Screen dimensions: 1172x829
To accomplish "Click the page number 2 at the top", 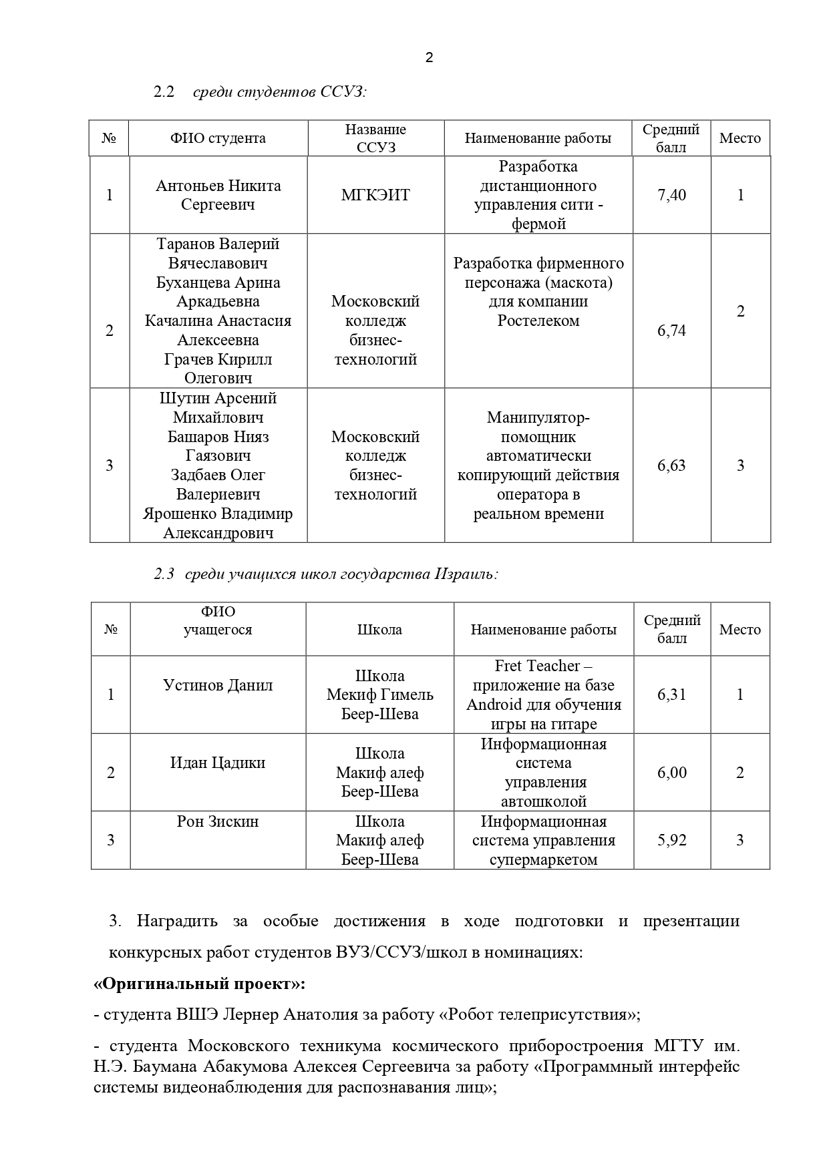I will point(429,57).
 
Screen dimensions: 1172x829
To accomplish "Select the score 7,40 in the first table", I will point(671,195).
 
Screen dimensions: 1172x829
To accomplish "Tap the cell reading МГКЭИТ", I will point(375,195).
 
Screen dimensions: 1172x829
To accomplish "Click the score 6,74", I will point(671,331).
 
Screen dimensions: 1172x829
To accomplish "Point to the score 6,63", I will point(671,465).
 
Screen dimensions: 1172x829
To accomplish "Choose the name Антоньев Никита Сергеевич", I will point(218,195).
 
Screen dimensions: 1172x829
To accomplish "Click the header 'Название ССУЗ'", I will point(375,138).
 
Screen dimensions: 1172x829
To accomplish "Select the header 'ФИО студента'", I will point(218,138).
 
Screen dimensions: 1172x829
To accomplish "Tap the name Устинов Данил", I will point(218,685).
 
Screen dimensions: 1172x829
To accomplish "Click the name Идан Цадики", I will point(218,763).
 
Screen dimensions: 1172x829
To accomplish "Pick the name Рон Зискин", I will point(218,821).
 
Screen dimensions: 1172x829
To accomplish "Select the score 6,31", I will point(671,695).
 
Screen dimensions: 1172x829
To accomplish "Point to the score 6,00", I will point(671,773).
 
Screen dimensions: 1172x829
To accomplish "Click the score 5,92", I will point(671,840).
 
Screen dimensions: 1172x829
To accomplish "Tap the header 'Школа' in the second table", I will point(379,630).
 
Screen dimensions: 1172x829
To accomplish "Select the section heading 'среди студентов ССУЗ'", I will point(279,92).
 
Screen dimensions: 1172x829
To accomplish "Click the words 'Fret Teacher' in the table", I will point(537,666).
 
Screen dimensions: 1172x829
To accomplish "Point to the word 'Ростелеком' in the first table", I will point(538,321).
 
